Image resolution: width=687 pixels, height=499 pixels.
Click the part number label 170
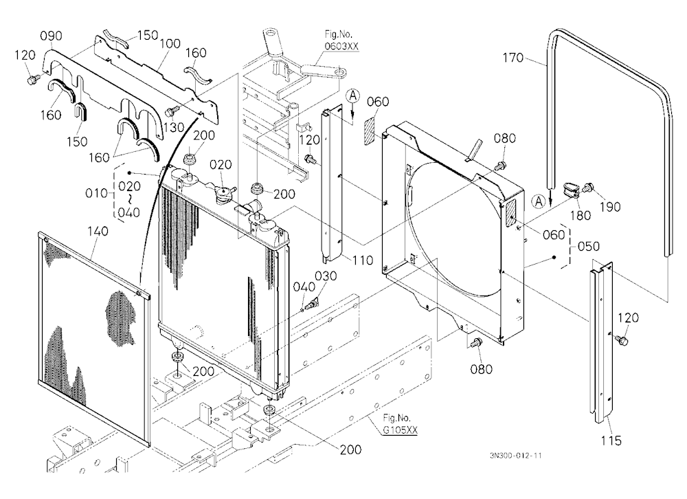pyautogui.click(x=513, y=58)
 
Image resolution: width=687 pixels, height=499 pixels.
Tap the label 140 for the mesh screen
pyautogui.click(x=98, y=231)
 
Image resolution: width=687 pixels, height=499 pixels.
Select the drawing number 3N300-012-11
pyautogui.click(x=516, y=456)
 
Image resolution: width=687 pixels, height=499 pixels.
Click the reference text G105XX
pyautogui.click(x=400, y=430)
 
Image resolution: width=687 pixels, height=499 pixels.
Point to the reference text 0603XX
pyautogui.click(x=341, y=46)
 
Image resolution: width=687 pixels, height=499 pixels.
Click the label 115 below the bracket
pyautogui.click(x=611, y=441)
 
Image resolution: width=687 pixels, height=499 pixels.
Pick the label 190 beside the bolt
pyautogui.click(x=610, y=206)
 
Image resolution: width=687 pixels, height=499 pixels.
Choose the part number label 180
pyautogui.click(x=580, y=215)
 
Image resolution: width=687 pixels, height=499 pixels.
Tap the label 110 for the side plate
pyautogui.click(x=362, y=260)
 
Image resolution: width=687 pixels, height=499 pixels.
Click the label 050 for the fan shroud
pyautogui.click(x=588, y=247)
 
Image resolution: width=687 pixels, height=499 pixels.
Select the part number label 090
pyautogui.click(x=52, y=36)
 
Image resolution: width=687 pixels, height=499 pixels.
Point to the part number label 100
pyautogui.click(x=170, y=43)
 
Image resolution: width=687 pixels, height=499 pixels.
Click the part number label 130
pyautogui.click(x=174, y=128)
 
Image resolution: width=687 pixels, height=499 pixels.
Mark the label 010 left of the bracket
pyautogui.click(x=96, y=193)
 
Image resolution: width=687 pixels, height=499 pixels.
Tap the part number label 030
pyautogui.click(x=326, y=276)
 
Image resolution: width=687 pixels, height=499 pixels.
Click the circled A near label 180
pyautogui.click(x=538, y=201)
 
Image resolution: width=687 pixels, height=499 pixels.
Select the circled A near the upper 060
pyautogui.click(x=353, y=96)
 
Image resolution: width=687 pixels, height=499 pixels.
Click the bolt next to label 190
pyautogui.click(x=588, y=188)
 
